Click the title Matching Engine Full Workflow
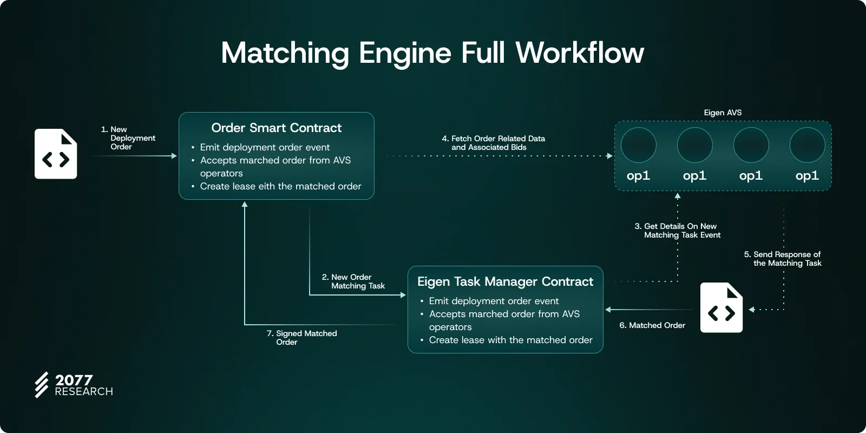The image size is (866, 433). [x=432, y=53]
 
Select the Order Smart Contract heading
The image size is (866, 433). [x=276, y=128]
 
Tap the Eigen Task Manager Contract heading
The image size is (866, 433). [x=505, y=281]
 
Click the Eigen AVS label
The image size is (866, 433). [x=723, y=113]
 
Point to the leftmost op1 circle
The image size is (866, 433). [x=639, y=145]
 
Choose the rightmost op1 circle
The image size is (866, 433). [x=807, y=145]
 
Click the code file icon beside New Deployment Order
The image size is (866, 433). [x=56, y=154]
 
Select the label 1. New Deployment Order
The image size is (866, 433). [x=129, y=138]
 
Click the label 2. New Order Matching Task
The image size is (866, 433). [x=353, y=281]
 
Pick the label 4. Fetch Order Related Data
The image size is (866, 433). [x=494, y=143]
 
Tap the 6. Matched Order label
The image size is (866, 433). [x=652, y=325]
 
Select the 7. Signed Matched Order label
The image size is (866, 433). [x=302, y=338]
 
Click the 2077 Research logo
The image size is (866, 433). [x=74, y=385]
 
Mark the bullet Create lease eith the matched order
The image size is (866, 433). [x=280, y=186]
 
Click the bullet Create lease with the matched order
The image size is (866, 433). [x=510, y=340]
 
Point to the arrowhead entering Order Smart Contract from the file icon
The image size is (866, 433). [x=174, y=156]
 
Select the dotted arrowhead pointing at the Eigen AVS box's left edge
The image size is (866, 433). [x=609, y=156]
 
